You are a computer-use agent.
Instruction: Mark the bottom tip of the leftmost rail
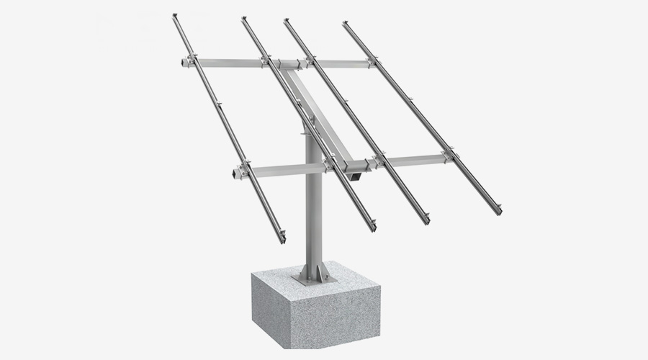coord(282,238)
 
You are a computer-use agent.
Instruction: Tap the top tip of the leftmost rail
coord(175,17)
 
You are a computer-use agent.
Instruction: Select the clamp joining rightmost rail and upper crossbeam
coord(372,63)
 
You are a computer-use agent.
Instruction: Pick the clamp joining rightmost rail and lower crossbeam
coord(450,153)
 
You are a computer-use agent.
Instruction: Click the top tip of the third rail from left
coord(287,22)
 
